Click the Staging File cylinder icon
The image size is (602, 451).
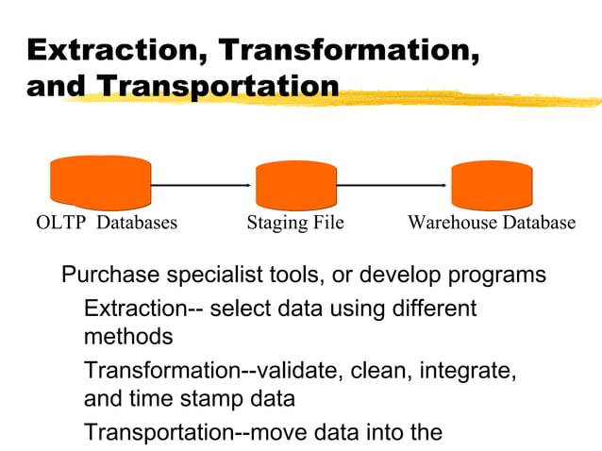click(x=296, y=185)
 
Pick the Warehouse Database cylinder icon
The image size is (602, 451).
click(x=492, y=185)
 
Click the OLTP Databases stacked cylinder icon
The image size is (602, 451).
click(x=100, y=181)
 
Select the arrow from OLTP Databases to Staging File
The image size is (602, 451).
click(x=203, y=186)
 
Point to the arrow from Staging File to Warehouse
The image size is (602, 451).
click(x=393, y=186)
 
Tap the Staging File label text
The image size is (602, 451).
click(x=294, y=224)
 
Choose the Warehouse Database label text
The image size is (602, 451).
click(x=491, y=224)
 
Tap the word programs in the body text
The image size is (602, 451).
click(x=496, y=276)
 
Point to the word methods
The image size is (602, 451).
click(x=128, y=337)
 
